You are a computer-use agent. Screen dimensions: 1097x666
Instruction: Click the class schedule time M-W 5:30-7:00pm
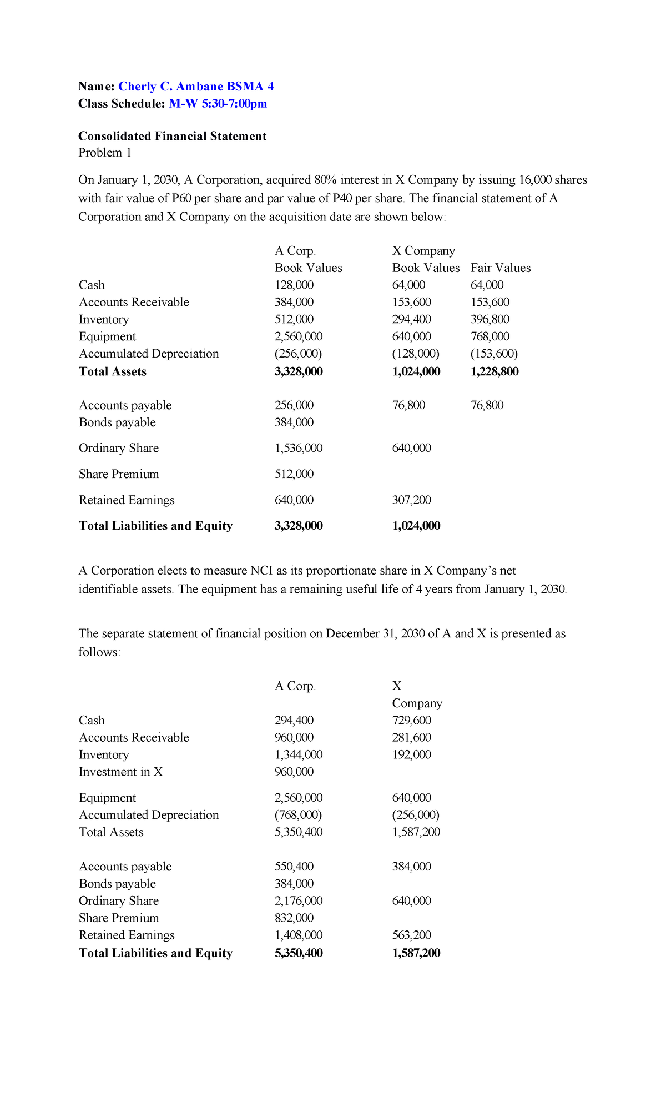(x=218, y=103)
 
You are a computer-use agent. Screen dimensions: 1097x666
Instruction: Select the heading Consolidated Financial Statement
(x=172, y=136)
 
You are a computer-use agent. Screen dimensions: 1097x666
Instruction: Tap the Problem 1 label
(x=105, y=153)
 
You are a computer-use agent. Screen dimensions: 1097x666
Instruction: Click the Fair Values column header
(x=501, y=268)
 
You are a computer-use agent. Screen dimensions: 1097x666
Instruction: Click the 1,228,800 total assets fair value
(x=494, y=371)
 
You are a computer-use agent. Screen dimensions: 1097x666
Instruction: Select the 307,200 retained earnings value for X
(x=411, y=500)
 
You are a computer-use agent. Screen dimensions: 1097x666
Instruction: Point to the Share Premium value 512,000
(x=294, y=474)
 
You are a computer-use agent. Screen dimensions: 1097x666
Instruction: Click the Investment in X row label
(x=120, y=772)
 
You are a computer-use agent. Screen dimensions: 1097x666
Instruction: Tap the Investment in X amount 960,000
(x=294, y=772)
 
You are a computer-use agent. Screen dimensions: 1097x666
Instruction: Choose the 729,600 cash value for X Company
(x=411, y=720)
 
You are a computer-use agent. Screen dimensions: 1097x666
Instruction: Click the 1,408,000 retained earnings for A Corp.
(x=299, y=935)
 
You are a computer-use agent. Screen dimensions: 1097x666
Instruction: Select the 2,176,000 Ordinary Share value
(x=299, y=900)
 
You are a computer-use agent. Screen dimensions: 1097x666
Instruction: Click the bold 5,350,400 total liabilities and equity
(x=299, y=953)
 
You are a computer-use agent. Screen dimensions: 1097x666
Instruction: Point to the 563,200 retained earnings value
(x=411, y=935)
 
